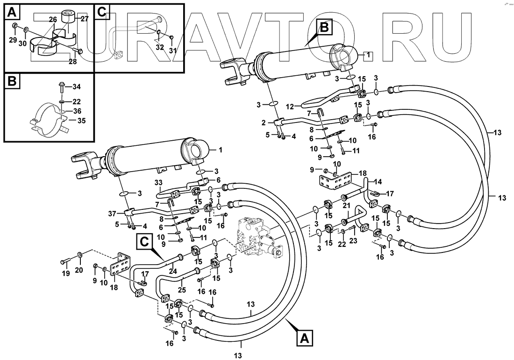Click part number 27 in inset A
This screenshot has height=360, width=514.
tap(85, 19)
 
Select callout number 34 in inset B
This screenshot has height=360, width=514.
tap(77, 86)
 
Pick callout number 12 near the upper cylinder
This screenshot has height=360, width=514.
tap(290, 107)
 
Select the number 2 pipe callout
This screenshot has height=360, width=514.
tap(264, 122)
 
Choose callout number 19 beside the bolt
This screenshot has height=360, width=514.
tap(65, 273)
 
